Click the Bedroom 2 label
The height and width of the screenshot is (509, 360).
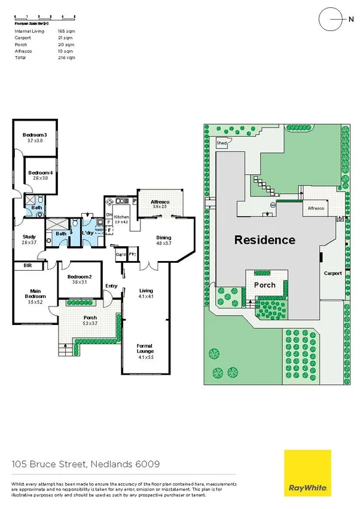[x=79, y=277]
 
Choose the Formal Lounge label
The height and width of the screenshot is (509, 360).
[x=145, y=349]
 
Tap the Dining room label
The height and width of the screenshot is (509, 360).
[x=164, y=238]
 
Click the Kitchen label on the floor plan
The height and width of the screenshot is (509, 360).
[x=121, y=217]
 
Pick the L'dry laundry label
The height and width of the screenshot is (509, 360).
[x=87, y=233]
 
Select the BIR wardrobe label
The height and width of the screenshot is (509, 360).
[x=27, y=266]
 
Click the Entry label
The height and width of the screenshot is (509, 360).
[x=111, y=286]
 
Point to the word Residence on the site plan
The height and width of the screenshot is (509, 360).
[x=265, y=240]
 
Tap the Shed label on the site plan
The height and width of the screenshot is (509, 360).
[x=222, y=143]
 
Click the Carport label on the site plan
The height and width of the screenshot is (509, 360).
[x=333, y=273]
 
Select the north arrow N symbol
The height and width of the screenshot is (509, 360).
[x=333, y=18]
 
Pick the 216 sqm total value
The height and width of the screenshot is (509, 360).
[x=66, y=57]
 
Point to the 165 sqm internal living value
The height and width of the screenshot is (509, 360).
[x=66, y=30]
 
